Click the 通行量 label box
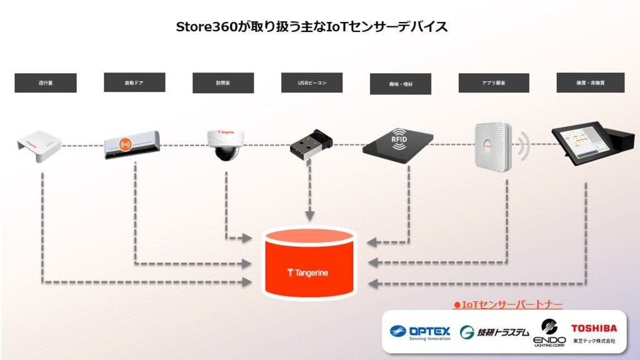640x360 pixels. (x=46, y=83)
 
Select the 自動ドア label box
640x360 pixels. (x=134, y=82)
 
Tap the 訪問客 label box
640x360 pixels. (x=223, y=83)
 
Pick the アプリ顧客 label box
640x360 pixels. (x=494, y=83)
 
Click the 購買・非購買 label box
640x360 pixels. (x=591, y=83)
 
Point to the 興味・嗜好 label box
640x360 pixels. (x=401, y=84)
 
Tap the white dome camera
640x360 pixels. (x=223, y=144)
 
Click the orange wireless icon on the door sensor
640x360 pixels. (x=126, y=144)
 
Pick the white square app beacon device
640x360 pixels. (x=492, y=146)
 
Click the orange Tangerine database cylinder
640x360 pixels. (x=308, y=262)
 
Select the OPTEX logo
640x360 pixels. (x=420, y=332)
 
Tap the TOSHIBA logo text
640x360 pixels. (x=593, y=328)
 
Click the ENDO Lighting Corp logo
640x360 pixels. (x=549, y=332)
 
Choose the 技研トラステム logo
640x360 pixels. (x=494, y=332)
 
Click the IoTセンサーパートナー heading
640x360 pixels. (x=507, y=305)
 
